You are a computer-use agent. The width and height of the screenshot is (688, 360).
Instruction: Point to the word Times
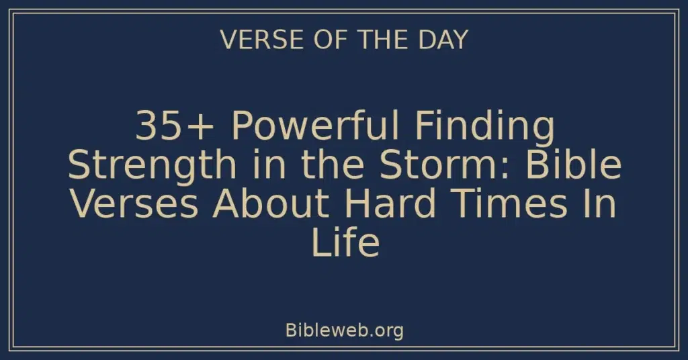(516, 205)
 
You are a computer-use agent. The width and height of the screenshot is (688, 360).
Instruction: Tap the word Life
(345, 244)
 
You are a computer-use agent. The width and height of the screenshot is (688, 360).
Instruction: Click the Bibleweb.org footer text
(344, 330)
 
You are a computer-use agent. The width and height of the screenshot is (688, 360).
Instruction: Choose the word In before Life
(603, 205)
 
